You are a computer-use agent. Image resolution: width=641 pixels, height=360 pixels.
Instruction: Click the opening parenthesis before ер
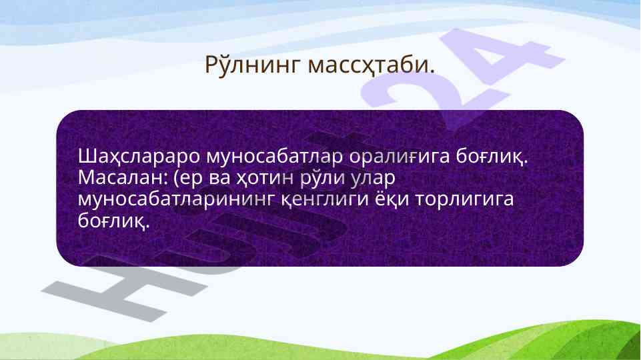click(177, 179)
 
